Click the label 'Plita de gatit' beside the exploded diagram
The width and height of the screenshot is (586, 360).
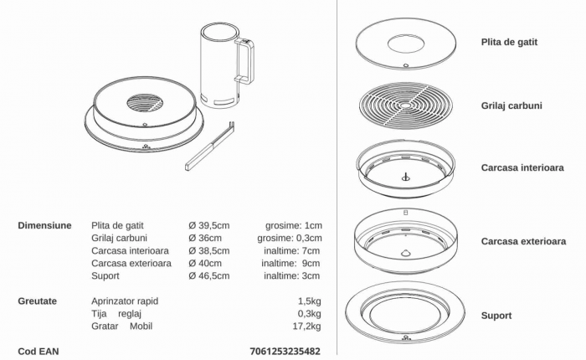(x=509, y=42)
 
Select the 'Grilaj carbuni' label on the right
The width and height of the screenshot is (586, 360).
(x=511, y=105)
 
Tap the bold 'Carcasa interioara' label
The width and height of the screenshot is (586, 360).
(x=522, y=167)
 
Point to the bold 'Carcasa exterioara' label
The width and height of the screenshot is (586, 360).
(x=523, y=241)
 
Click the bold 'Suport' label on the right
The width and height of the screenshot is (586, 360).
(x=496, y=316)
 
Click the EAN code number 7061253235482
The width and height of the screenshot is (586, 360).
(x=285, y=352)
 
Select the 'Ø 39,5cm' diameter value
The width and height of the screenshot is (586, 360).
(x=209, y=225)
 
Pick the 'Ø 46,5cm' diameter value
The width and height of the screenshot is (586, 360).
(x=209, y=275)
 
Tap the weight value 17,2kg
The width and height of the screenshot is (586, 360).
(x=307, y=326)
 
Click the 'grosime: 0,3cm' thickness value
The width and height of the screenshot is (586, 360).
(x=290, y=238)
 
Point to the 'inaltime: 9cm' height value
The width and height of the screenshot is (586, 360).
(x=290, y=263)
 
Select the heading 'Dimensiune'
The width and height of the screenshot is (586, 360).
(x=44, y=225)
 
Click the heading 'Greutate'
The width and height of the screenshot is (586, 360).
(x=38, y=301)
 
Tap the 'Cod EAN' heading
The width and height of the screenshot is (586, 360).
(x=39, y=352)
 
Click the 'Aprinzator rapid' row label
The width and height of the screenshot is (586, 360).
(x=125, y=301)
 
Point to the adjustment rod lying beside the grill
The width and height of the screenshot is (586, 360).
(x=210, y=146)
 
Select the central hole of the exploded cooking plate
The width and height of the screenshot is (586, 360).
(x=405, y=44)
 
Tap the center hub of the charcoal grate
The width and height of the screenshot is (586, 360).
(x=405, y=105)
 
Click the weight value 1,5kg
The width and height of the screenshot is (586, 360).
(x=310, y=301)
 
